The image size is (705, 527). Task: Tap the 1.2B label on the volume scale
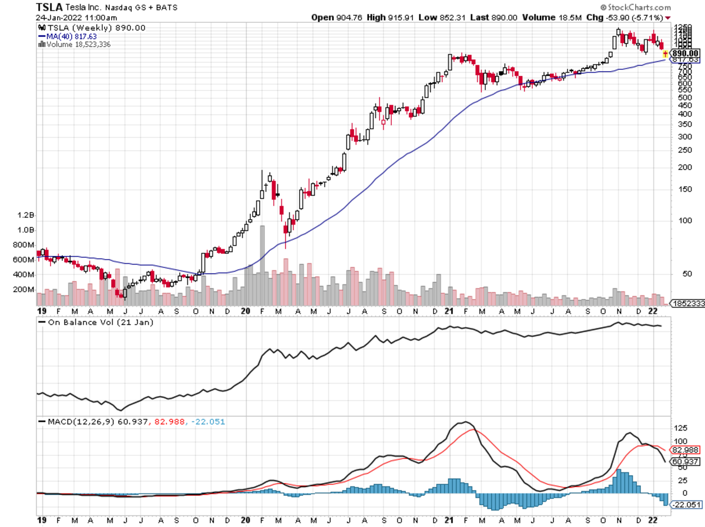(25, 216)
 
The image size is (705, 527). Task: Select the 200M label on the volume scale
(23, 290)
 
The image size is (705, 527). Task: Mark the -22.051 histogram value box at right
(686, 505)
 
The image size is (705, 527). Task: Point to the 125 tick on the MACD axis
(680, 427)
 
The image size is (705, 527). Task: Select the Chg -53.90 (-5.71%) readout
(625, 18)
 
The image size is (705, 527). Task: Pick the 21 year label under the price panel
(449, 311)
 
